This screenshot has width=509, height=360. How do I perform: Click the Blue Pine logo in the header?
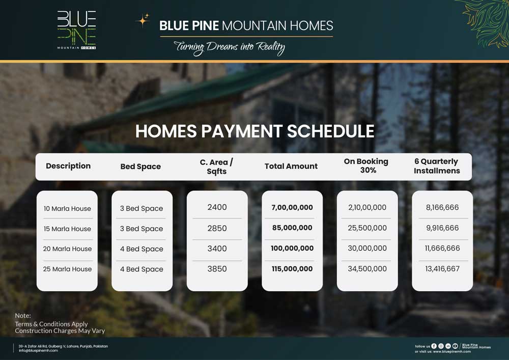pyautogui.click(x=76, y=30)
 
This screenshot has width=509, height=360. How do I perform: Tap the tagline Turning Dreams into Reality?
pyautogui.click(x=229, y=48)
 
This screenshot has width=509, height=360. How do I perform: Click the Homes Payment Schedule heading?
pyautogui.click(x=254, y=131)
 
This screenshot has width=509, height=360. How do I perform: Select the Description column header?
pyautogui.click(x=68, y=166)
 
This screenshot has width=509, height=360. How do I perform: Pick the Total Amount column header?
pyautogui.click(x=291, y=166)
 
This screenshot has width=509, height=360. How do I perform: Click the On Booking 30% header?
pyautogui.click(x=366, y=166)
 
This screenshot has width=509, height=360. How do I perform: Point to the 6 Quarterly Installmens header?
pyautogui.click(x=437, y=166)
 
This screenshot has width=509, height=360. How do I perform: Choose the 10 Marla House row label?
pyautogui.click(x=67, y=208)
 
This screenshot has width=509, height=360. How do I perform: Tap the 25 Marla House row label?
pyautogui.click(x=67, y=269)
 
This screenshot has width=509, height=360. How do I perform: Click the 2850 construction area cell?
pyautogui.click(x=217, y=228)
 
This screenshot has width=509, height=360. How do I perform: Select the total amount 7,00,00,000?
pyautogui.click(x=292, y=208)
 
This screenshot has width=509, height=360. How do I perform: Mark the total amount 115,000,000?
pyautogui.click(x=292, y=269)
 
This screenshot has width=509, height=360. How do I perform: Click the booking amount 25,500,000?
pyautogui.click(x=367, y=228)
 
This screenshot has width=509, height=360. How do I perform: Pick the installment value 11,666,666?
pyautogui.click(x=442, y=248)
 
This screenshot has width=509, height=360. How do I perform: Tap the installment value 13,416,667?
pyautogui.click(x=442, y=269)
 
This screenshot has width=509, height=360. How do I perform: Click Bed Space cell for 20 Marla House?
pyautogui.click(x=142, y=249)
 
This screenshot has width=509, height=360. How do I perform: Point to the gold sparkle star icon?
pyautogui.click(x=143, y=20)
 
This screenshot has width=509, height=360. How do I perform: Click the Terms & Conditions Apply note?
pyautogui.click(x=51, y=324)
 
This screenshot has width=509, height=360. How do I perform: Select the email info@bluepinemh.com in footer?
pyautogui.click(x=38, y=350)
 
